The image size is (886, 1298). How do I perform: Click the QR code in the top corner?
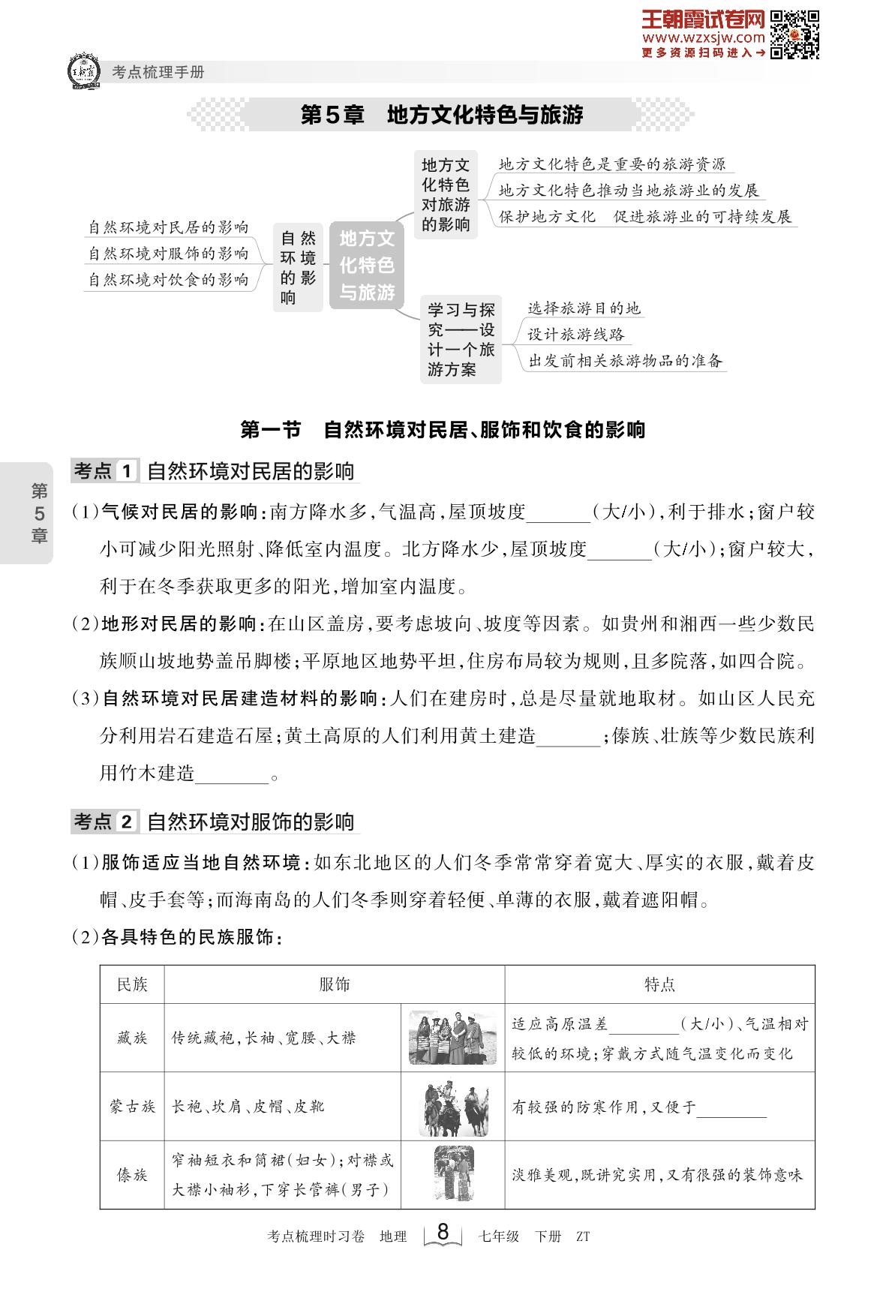point(795,35)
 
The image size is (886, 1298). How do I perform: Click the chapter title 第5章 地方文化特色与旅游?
point(441,115)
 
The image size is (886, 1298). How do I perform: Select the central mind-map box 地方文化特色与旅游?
point(367,265)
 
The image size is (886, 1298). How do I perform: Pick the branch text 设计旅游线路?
point(575,335)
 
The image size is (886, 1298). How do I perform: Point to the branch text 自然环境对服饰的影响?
point(168,254)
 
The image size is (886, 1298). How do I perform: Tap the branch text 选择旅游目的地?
point(584,308)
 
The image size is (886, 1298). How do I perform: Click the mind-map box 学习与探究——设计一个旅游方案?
point(461,339)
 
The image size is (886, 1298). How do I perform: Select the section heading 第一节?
point(270,430)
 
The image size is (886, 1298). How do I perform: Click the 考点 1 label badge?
point(104,472)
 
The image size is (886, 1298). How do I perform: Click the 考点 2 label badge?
point(104,822)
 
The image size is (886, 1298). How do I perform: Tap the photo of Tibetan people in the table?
point(452,1038)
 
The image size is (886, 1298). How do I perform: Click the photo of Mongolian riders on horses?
point(452,1107)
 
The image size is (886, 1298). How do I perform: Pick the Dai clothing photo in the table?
point(452,1173)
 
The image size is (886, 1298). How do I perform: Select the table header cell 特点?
point(659,984)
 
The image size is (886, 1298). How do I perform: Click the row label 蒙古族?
point(132,1107)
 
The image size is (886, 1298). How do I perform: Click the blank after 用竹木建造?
point(232,774)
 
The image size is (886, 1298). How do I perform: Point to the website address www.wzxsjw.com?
point(703,37)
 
